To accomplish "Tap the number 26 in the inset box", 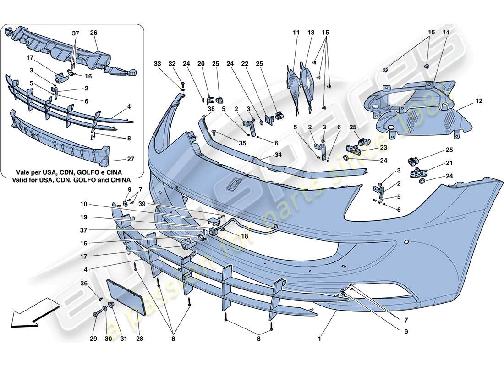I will coord(94,33).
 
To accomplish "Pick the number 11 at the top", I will coord(296,33).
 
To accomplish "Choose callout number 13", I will coord(311,33).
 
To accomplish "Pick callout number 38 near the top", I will coord(197,109).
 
